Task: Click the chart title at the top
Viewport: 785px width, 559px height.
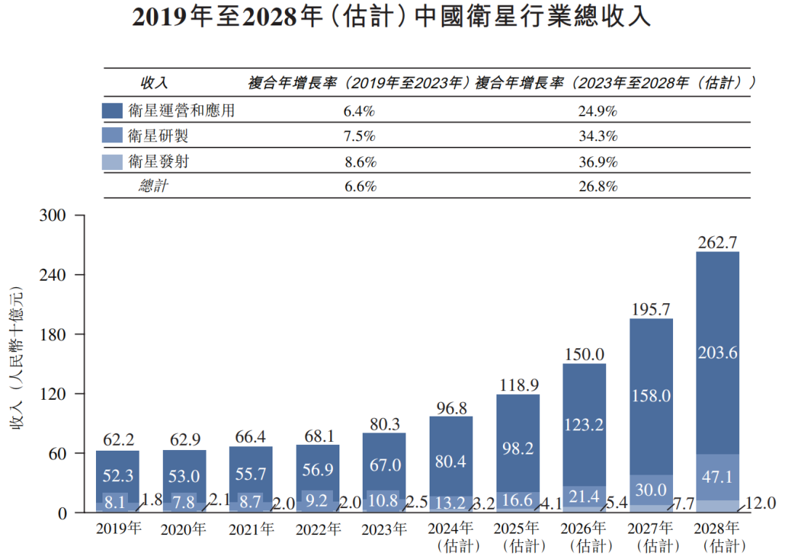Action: coord(392,17)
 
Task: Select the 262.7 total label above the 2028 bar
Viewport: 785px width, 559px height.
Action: coord(717,241)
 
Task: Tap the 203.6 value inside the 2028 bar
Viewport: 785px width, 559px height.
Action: coord(717,353)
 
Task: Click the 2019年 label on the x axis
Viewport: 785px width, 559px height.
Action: coord(118,529)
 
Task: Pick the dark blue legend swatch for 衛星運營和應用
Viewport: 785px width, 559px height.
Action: coord(112,111)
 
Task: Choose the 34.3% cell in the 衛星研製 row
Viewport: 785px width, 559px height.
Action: coord(598,136)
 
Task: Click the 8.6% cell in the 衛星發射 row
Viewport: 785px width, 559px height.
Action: coord(359,161)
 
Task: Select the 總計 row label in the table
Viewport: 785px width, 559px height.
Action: coord(154,186)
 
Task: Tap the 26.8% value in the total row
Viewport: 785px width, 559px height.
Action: coord(598,186)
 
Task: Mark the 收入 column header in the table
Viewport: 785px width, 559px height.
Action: coord(154,83)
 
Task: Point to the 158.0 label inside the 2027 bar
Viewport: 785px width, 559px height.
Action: coord(651,396)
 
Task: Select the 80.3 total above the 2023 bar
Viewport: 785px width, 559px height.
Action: coord(384,423)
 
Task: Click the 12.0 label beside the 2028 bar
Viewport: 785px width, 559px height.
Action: coord(760,503)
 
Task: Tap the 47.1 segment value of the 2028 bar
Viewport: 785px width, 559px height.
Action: coord(717,476)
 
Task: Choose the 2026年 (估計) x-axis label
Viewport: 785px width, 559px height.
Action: coord(584,536)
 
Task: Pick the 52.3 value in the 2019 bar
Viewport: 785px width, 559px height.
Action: coord(117,474)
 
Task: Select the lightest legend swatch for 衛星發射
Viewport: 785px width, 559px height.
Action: coord(112,161)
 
